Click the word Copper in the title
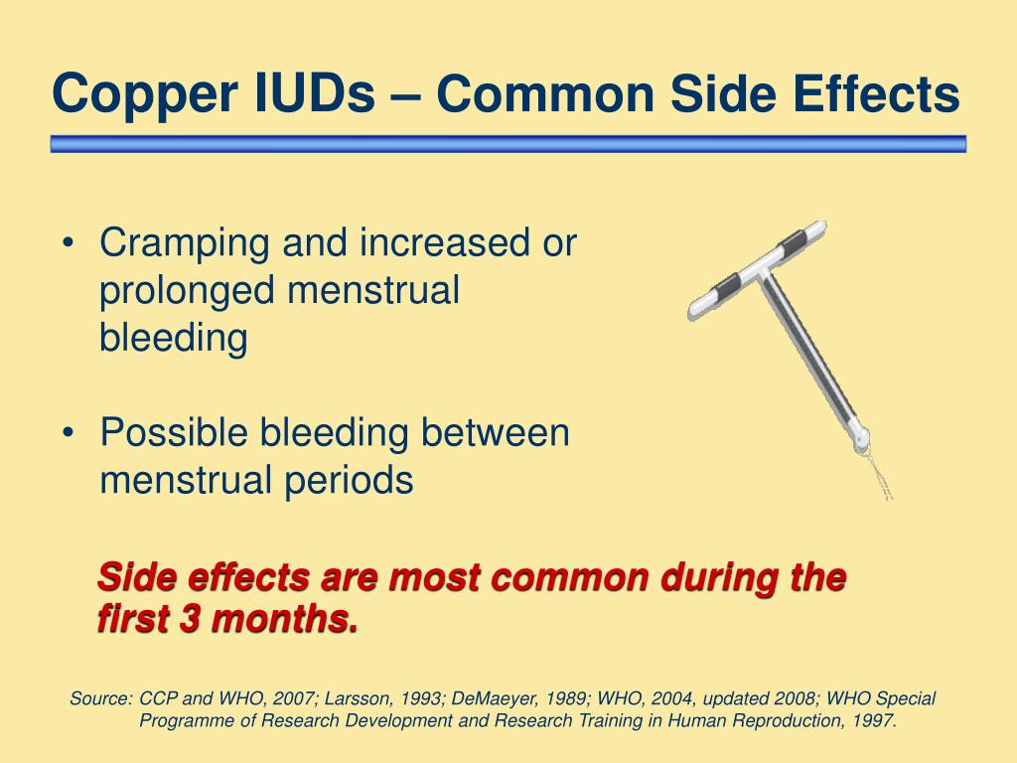tap(144, 94)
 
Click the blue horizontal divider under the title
tap(508, 144)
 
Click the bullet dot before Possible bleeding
tap(69, 433)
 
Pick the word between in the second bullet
tap(495, 432)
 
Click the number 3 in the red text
tap(190, 618)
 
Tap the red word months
tap(285, 618)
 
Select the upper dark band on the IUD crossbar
tap(792, 242)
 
